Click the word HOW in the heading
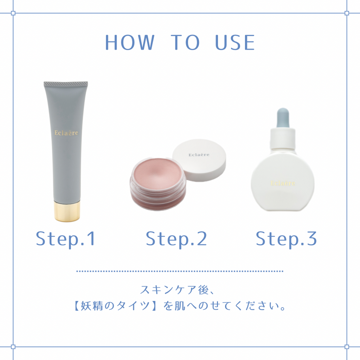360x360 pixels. (x=130, y=43)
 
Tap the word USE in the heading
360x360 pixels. (x=235, y=43)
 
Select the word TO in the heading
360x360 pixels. (x=185, y=43)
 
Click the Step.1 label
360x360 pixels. (x=65, y=239)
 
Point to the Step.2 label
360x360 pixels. (x=176, y=239)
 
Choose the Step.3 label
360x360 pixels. (x=286, y=239)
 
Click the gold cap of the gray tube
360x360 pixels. (x=67, y=211)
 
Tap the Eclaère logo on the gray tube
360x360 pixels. (x=66, y=133)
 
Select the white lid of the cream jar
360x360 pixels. (x=199, y=160)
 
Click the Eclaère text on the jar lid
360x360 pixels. (x=199, y=155)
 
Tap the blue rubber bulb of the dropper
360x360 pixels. (x=283, y=117)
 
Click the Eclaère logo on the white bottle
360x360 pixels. (x=283, y=183)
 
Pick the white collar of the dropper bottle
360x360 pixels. (x=283, y=139)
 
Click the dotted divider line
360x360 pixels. (x=180, y=271)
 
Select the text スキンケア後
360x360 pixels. (x=174, y=290)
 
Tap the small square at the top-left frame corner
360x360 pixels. (x=13, y=13)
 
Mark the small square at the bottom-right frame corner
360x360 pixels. (x=347, y=347)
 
